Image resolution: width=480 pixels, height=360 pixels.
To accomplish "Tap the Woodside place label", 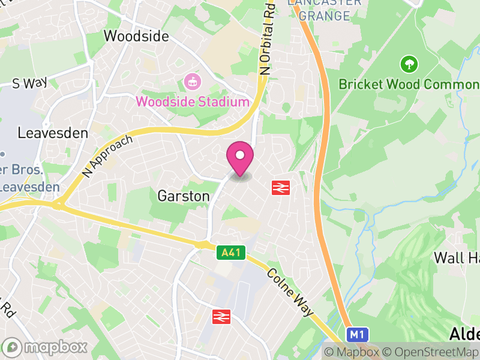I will point(136,36).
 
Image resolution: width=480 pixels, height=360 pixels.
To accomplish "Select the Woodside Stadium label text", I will point(193,101).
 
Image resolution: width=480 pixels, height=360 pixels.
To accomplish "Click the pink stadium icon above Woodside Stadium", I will point(193,80).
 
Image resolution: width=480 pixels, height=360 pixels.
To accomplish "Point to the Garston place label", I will point(175,196).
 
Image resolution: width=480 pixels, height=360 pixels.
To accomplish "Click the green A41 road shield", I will point(230,253).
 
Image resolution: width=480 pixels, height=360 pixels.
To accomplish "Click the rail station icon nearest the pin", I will point(281,187).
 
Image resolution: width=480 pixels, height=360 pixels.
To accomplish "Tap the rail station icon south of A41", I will point(221,316).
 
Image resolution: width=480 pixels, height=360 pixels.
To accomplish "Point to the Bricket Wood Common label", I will point(408,84).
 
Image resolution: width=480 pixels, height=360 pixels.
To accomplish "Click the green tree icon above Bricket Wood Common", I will point(409,63).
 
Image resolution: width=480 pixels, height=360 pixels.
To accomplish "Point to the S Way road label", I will point(29,83).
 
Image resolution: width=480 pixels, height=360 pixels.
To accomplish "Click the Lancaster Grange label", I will point(324,10).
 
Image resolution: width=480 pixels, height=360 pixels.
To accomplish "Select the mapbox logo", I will point(45,347).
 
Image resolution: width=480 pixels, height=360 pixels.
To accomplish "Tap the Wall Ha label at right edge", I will point(457,258).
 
